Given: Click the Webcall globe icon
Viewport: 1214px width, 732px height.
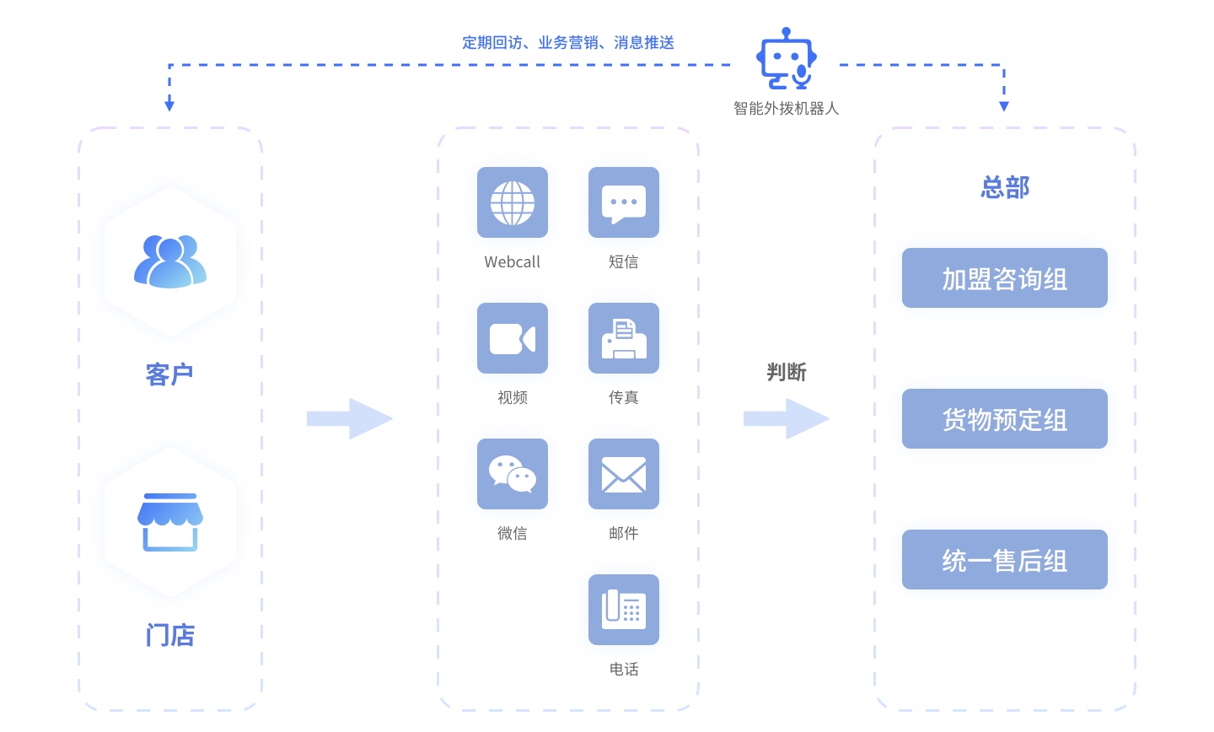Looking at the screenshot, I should click(x=513, y=202).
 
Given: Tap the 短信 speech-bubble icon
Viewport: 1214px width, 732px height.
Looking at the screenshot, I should click(x=624, y=202).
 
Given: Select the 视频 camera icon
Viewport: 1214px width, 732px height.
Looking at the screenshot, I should click(x=513, y=338).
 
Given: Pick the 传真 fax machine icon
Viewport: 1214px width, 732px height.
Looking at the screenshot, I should click(x=624, y=338).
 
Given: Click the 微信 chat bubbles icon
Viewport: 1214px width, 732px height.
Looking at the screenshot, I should click(x=513, y=474).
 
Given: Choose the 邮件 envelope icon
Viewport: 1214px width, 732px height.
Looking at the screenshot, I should click(x=624, y=474).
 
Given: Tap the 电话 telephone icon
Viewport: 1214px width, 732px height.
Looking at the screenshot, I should click(x=624, y=610).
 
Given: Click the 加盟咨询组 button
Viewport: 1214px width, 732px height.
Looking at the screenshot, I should click(x=1004, y=278).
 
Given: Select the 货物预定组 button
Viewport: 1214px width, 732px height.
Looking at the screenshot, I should click(x=1004, y=419).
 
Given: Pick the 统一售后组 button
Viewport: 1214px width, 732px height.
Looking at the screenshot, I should click(x=1004, y=560).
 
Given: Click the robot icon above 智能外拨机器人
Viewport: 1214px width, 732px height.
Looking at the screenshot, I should click(x=787, y=59).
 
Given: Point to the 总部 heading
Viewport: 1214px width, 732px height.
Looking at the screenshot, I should click(x=1005, y=187).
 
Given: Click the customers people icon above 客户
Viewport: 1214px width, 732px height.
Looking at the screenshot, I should click(x=170, y=261).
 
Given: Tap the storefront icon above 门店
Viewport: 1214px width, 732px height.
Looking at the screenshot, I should click(x=170, y=522).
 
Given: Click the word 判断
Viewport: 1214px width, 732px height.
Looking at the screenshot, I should click(x=787, y=372).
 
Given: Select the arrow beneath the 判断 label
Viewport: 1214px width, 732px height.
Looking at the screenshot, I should click(x=787, y=419).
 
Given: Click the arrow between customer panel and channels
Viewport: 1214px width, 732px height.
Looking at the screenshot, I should click(x=350, y=419).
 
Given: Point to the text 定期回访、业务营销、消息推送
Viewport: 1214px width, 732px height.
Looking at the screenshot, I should click(x=568, y=42).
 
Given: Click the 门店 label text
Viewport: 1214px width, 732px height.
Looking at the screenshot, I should click(x=170, y=635).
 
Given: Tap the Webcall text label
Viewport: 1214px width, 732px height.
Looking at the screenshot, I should click(x=513, y=262).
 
